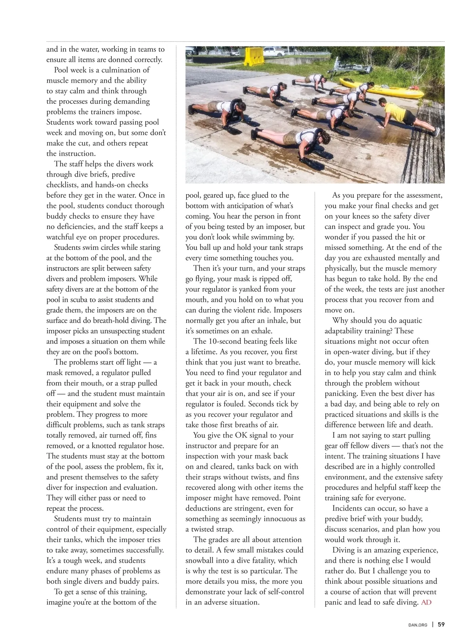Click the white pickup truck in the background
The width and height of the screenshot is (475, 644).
point(274,51)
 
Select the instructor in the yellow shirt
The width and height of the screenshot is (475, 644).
point(400,115)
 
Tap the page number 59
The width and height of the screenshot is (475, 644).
point(441,625)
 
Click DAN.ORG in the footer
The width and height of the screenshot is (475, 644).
point(418,625)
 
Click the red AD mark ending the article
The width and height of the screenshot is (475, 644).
point(426,602)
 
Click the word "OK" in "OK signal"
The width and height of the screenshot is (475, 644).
point(241,435)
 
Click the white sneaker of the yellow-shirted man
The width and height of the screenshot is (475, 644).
point(436,132)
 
